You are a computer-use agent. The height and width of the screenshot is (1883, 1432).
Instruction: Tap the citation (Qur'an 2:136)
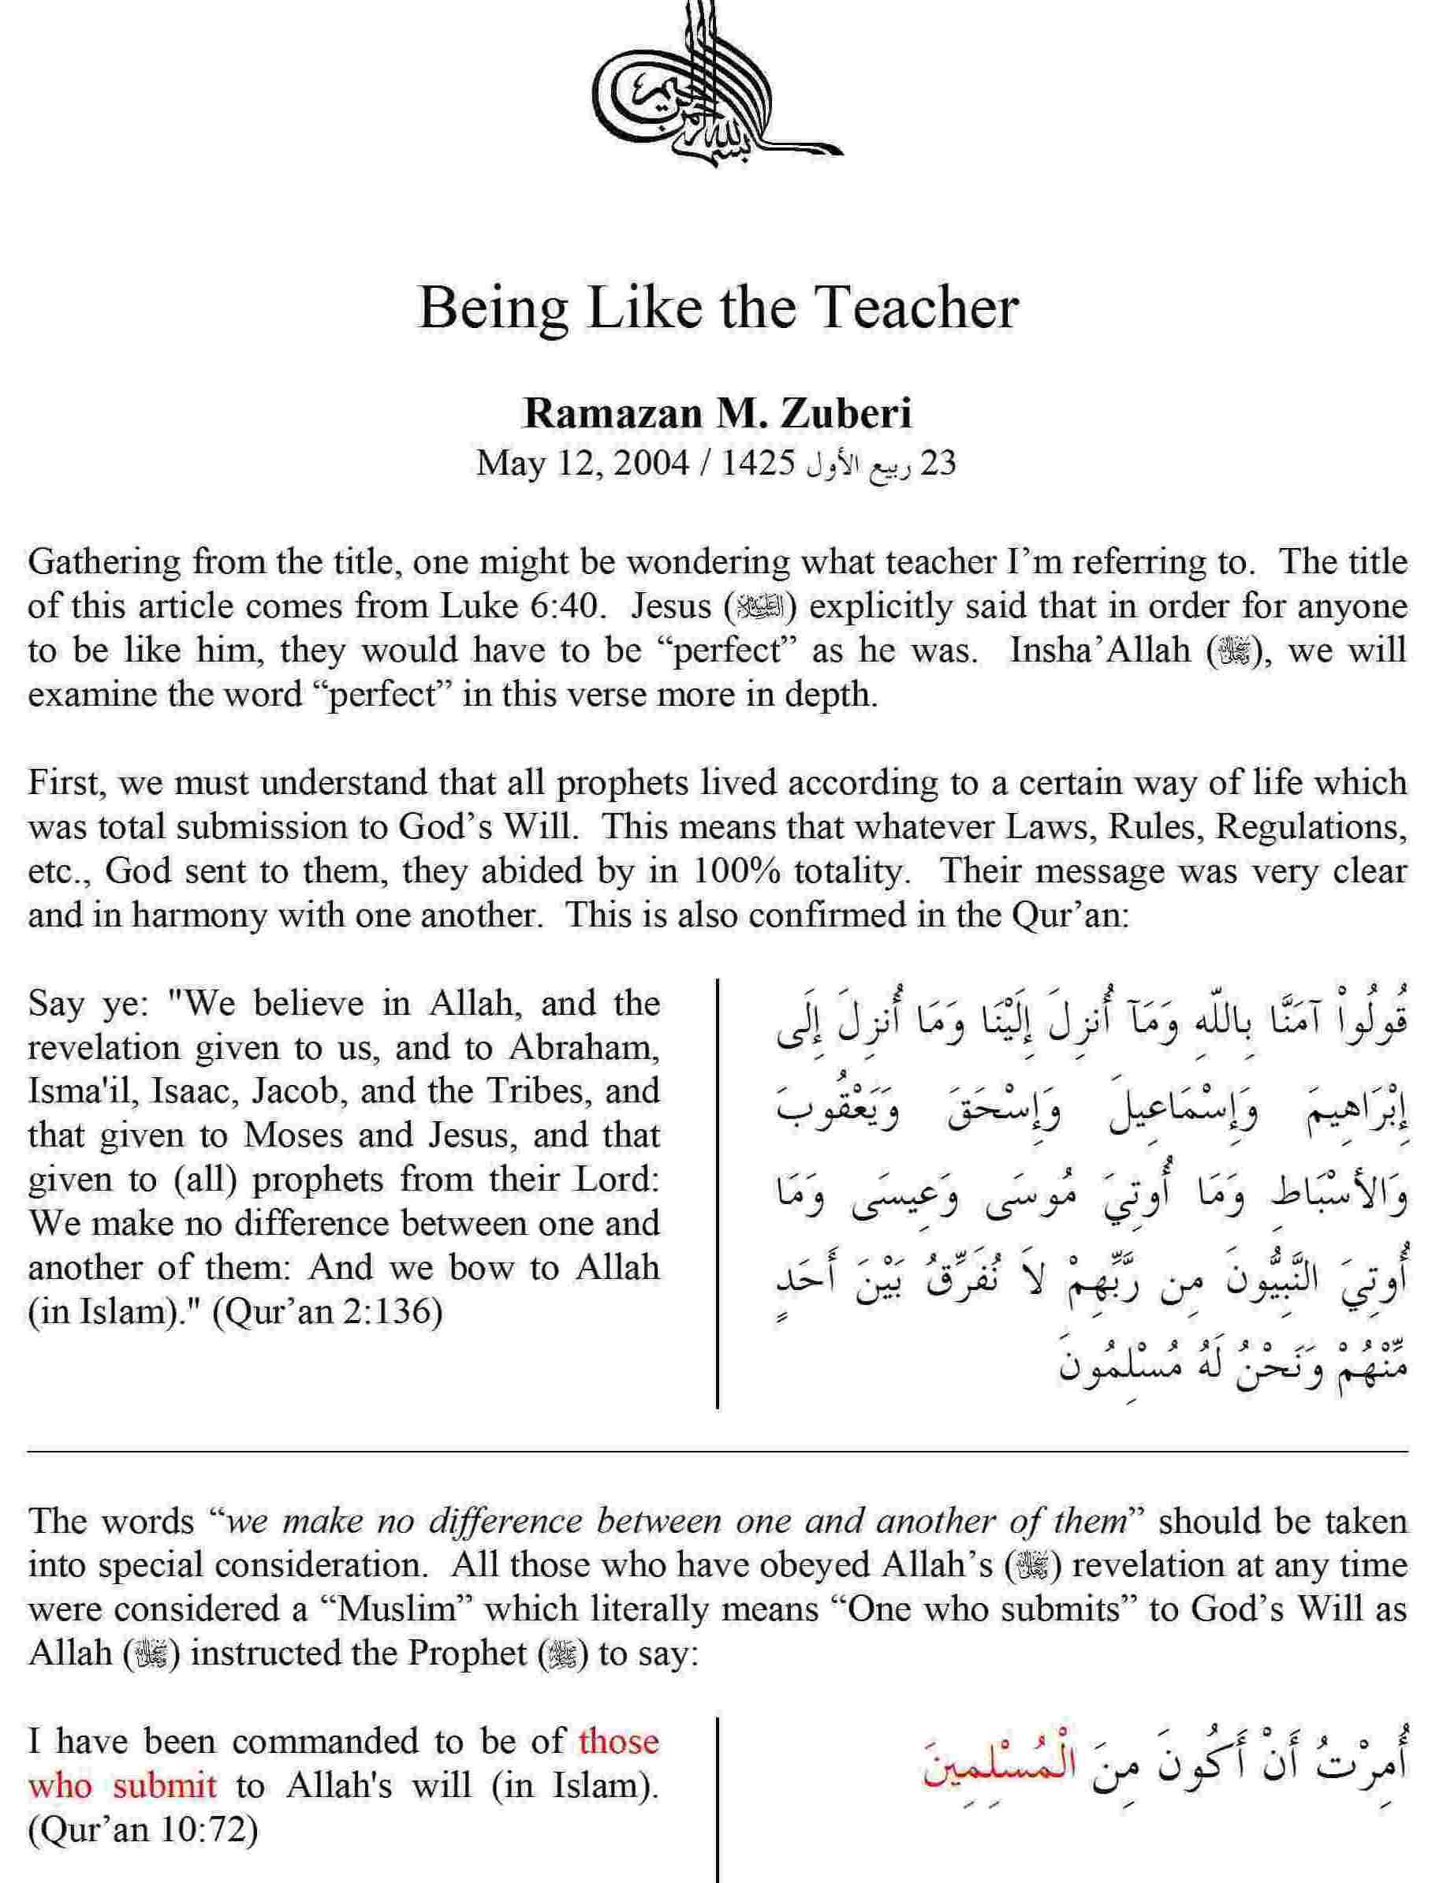(326, 1312)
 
